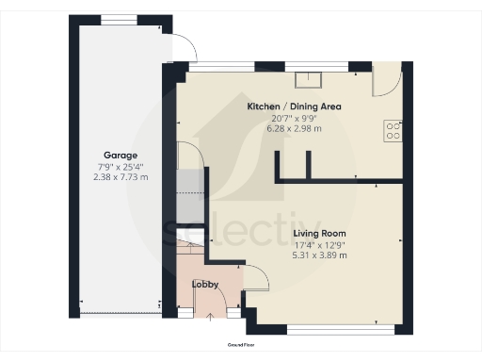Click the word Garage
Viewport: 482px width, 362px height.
coord(120,155)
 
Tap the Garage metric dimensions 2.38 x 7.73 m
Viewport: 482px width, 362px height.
coord(120,176)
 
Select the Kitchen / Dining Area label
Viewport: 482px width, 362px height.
coord(294,107)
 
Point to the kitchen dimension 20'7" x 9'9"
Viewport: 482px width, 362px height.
coord(294,118)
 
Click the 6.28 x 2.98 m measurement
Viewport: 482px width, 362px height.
coord(294,128)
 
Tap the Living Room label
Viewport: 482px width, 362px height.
coord(319,233)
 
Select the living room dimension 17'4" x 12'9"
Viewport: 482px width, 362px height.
coord(319,244)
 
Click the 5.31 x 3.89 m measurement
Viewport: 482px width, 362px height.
coord(319,255)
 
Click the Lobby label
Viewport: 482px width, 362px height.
coord(205,284)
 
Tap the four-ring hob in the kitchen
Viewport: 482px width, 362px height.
coord(393,130)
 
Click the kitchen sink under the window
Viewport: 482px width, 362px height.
coord(308,80)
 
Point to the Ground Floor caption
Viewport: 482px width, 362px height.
coord(240,346)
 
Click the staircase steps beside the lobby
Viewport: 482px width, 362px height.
coord(191,255)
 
